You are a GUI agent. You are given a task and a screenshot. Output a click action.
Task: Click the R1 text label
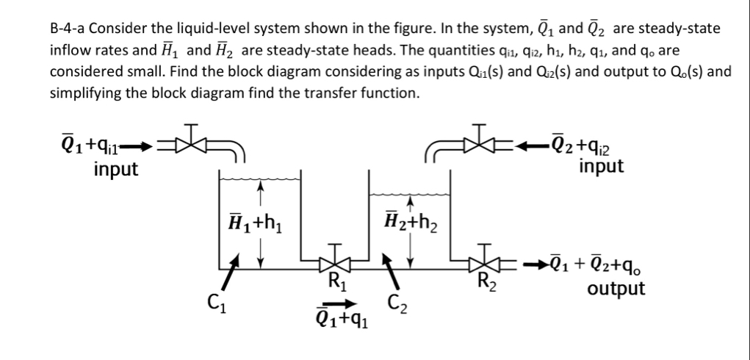click(x=336, y=279)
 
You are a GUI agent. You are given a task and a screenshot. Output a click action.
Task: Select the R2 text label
click(x=485, y=279)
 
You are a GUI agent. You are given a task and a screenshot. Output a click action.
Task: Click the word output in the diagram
click(x=616, y=289)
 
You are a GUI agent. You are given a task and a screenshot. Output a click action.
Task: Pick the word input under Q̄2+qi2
click(x=601, y=166)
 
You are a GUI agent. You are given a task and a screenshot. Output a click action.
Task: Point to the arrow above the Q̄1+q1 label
click(x=342, y=302)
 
